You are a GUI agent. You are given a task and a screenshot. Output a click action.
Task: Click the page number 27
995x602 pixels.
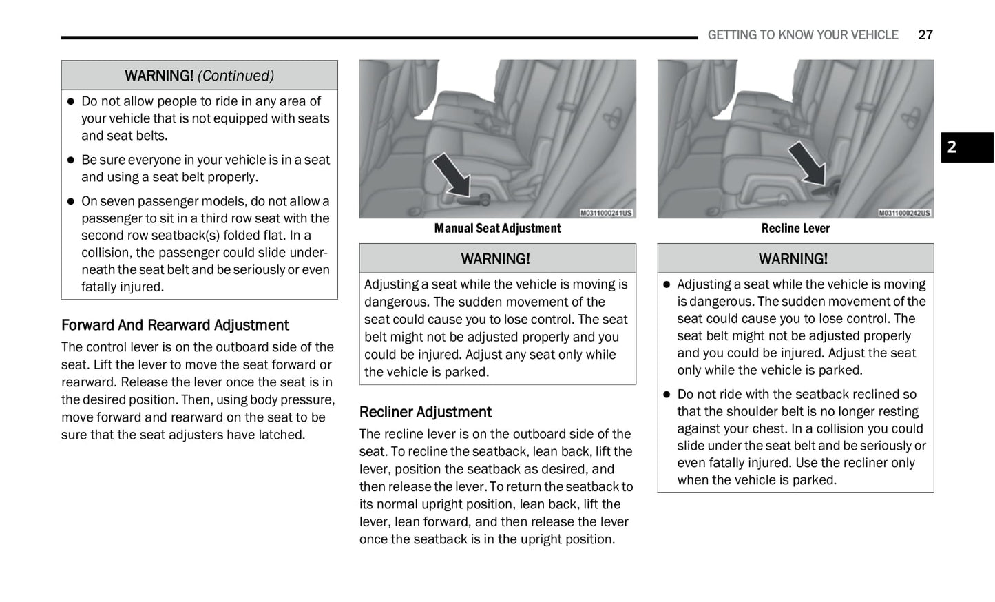coord(925,35)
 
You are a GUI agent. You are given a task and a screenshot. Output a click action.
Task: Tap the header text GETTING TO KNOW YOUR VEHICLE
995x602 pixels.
coord(802,35)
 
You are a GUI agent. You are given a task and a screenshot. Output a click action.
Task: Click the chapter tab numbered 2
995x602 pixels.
coord(966,147)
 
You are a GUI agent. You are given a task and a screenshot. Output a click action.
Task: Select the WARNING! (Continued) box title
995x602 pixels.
coord(199,76)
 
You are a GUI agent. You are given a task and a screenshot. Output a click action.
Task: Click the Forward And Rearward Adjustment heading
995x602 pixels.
coord(175,325)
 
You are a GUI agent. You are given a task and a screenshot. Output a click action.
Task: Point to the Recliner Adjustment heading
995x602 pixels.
coord(425,412)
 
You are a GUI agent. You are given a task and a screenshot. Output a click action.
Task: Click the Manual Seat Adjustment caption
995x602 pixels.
coord(497,229)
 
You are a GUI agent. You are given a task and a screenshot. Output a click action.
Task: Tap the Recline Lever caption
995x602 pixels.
coord(795,229)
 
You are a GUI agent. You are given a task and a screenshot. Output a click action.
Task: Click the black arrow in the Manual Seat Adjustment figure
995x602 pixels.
coord(452,174)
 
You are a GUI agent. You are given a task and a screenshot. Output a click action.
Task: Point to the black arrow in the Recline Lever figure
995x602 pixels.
coord(807,163)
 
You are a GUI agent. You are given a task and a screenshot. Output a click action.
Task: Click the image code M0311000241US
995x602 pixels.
coord(606,214)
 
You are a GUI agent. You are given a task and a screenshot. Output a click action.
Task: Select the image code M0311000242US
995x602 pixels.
coord(904,214)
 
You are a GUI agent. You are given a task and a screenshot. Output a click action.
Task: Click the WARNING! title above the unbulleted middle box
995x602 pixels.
coord(495,259)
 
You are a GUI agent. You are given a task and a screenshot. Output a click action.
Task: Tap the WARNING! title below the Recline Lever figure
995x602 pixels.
coord(793,259)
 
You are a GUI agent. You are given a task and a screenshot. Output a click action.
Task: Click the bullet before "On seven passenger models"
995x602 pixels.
coord(70,202)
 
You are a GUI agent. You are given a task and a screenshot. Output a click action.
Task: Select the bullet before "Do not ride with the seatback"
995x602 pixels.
coord(667,395)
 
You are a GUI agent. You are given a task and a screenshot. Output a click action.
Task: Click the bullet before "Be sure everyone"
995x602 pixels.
coord(70,160)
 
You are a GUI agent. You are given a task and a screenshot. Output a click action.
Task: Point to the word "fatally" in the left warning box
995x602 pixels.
coord(102,287)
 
